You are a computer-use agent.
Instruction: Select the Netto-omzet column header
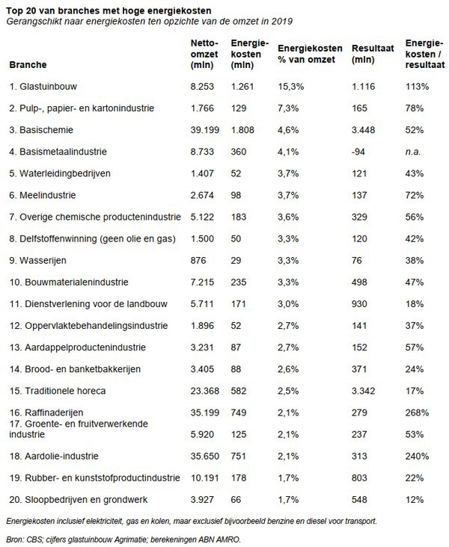point(205,53)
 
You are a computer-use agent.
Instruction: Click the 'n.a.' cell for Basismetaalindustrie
point(412,152)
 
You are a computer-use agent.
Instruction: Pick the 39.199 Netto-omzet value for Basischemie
point(204,130)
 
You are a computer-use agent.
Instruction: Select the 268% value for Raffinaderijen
point(415,411)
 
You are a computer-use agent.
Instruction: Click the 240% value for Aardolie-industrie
point(415,455)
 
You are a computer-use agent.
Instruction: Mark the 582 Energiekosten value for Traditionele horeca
point(241,390)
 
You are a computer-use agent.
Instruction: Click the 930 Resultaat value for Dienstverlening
point(361,303)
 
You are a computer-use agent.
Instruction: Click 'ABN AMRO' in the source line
point(231,538)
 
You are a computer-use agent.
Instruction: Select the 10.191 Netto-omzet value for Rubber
point(204,477)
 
